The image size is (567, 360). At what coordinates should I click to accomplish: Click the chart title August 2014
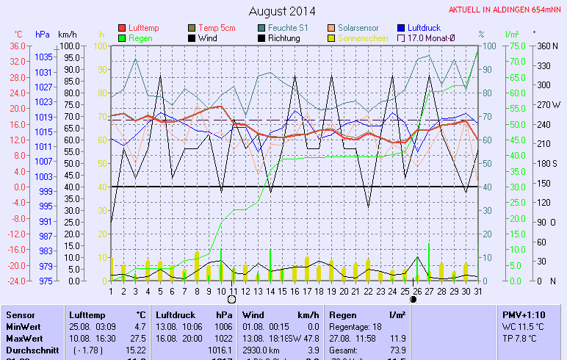click(x=282, y=11)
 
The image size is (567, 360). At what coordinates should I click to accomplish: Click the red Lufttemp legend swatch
click(x=122, y=28)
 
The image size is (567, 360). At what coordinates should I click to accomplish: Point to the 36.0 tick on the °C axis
click(x=18, y=46)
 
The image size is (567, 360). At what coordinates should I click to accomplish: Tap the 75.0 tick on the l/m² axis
click(x=514, y=46)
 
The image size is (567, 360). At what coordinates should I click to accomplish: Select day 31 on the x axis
click(x=477, y=290)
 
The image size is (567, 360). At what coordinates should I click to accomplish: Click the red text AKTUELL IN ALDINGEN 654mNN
click(x=505, y=10)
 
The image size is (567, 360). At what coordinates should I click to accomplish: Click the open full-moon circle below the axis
click(x=232, y=299)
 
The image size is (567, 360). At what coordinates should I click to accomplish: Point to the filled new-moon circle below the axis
click(x=413, y=299)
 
